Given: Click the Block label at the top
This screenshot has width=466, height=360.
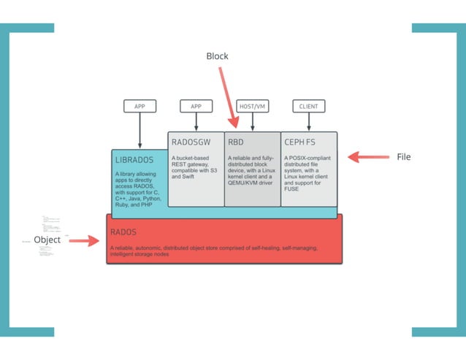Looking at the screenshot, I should (217, 56).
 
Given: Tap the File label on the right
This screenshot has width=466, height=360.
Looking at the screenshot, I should (404, 157).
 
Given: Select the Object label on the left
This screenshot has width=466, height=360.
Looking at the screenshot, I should (47, 240).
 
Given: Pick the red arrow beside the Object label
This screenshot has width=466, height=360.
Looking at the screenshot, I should (84, 240).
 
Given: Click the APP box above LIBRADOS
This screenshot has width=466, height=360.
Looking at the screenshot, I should (140, 107).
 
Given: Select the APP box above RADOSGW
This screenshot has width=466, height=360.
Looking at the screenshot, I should (196, 107).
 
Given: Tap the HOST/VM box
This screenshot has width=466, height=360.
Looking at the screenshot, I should (253, 107).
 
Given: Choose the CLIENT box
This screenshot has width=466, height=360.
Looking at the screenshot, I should (308, 107).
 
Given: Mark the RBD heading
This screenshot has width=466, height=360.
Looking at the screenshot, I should (236, 142).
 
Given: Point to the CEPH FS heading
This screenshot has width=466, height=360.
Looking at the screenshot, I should (300, 142).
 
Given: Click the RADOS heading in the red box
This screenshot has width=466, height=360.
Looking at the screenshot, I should (123, 232).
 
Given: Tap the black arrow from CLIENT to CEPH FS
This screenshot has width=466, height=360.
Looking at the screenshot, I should (309, 123).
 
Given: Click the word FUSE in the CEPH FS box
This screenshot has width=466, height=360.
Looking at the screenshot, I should (292, 188).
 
